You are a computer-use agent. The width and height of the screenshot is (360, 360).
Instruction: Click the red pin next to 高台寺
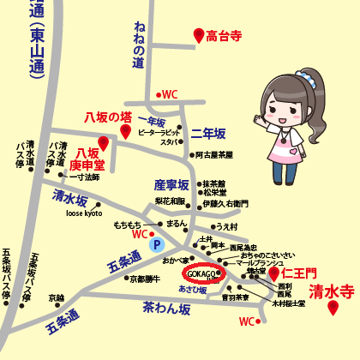tap(199, 35)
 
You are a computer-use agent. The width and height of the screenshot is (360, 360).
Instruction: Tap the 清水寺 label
tap(331, 291)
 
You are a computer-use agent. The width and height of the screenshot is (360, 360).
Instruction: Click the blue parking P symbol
tap(156, 244)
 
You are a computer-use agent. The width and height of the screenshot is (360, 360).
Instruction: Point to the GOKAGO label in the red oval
tap(201, 273)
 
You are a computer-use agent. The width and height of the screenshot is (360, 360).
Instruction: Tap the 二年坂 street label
tap(207, 134)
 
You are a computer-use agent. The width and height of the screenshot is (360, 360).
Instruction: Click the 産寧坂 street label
tap(171, 184)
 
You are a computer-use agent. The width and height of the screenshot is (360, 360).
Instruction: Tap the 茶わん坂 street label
tap(161, 305)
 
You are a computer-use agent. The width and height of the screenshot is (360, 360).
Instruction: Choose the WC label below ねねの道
tap(169, 94)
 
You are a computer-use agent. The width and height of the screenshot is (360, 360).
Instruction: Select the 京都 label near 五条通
tap(56, 297)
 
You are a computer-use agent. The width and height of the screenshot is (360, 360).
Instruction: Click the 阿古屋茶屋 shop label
tap(213, 155)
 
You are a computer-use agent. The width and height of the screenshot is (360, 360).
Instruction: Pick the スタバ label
tap(168, 141)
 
